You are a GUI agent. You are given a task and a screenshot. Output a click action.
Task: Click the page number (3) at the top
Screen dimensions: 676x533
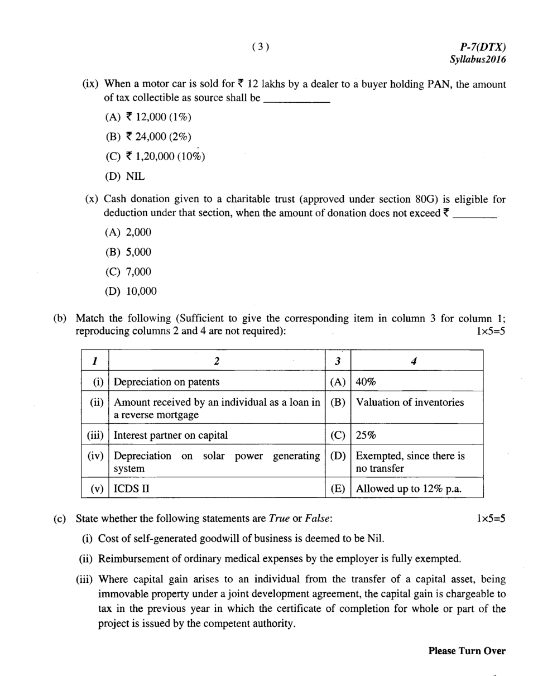261,47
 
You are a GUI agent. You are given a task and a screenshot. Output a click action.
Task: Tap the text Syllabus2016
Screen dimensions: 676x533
478,59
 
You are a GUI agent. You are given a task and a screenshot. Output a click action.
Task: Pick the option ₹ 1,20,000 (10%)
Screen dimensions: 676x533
155,156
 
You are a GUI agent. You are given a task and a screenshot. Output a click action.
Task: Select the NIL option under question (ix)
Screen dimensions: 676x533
125,176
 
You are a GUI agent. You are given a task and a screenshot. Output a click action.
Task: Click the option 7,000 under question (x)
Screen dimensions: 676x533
128,272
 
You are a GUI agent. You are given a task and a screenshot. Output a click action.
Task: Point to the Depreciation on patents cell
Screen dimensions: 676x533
166,382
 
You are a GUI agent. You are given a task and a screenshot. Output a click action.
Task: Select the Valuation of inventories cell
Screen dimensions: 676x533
410,402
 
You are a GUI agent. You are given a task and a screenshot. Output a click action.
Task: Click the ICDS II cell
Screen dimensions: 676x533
134,489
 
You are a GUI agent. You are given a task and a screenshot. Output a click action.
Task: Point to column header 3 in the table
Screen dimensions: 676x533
337,361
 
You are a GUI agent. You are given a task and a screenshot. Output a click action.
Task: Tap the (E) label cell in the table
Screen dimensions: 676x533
337,489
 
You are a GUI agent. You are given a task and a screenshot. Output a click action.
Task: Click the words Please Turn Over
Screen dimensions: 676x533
467,651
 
